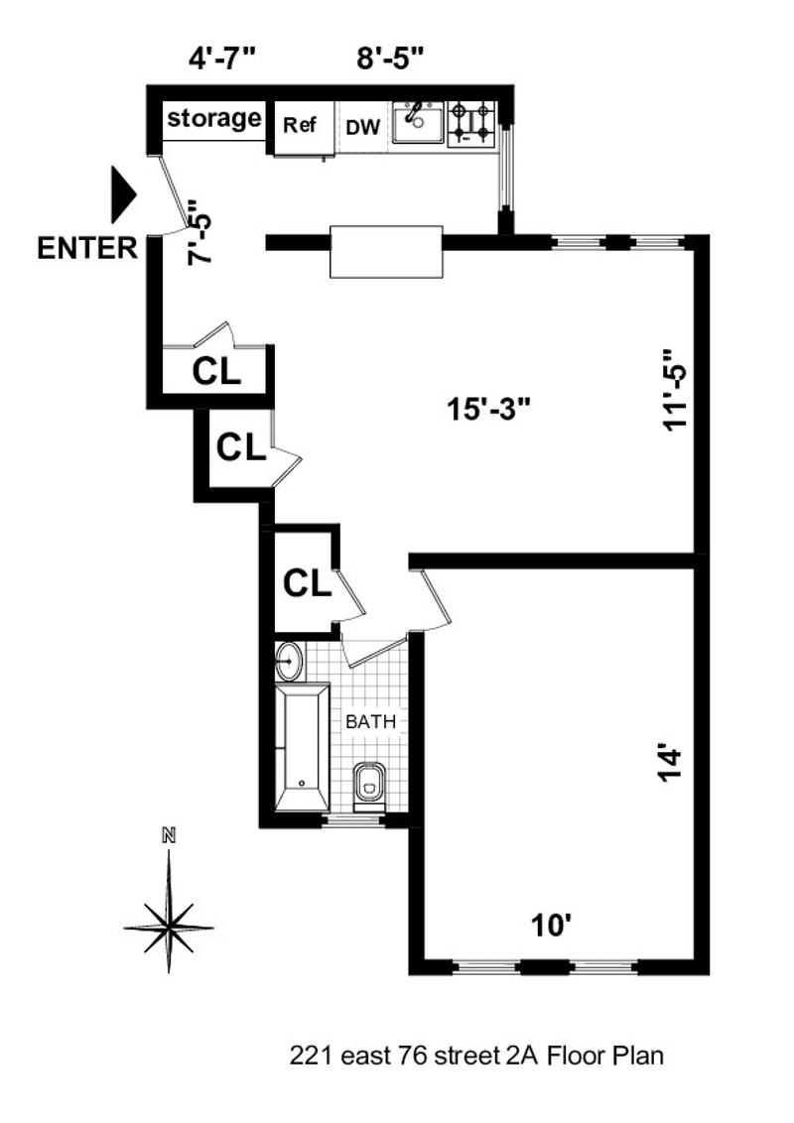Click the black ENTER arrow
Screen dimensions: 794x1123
pos(121,194)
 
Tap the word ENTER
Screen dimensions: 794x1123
pos(87,248)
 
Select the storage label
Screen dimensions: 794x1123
pos(214,119)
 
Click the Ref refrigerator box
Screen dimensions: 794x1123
pos(300,126)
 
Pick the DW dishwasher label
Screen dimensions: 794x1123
pos(359,127)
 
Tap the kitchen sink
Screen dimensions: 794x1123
pos(417,122)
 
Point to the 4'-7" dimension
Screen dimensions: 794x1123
pos(223,58)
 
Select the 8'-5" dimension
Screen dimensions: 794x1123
pos(391,58)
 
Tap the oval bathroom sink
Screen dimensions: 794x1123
pos(289,658)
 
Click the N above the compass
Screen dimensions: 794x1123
pos(169,835)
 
